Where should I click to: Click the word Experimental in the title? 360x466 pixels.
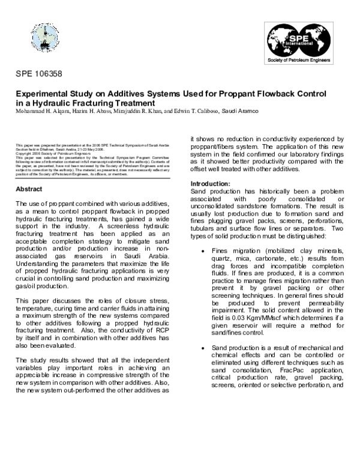click(42, 94)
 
